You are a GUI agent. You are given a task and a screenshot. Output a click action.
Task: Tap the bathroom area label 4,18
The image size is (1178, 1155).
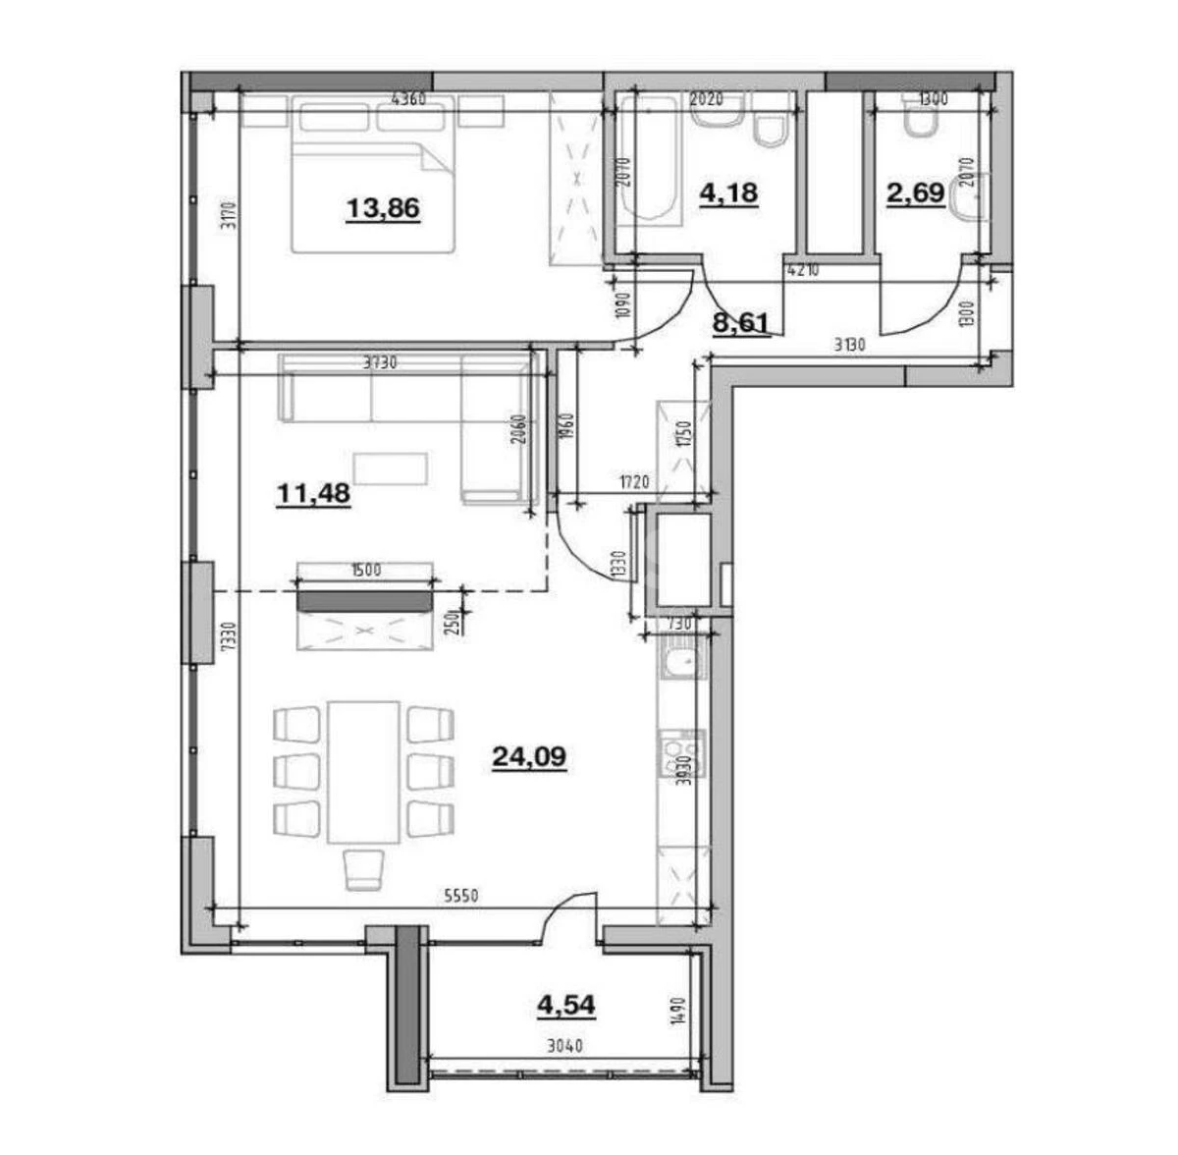727,192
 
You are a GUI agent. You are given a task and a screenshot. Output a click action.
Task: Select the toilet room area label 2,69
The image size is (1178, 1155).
915,193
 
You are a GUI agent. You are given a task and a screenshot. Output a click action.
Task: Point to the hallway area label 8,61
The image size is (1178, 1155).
739,321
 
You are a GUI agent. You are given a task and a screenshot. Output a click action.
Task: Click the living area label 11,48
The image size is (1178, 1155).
313,493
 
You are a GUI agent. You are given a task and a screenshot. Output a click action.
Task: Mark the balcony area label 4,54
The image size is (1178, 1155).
565,1005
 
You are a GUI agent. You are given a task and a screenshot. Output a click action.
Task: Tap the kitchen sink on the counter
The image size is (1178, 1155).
679,664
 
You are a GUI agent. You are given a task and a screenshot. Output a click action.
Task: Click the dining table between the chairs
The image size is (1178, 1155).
363,771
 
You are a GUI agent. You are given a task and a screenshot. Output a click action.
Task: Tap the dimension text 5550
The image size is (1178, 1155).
462,896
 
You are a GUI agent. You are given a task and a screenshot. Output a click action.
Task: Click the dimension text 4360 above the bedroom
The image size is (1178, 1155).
407,99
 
